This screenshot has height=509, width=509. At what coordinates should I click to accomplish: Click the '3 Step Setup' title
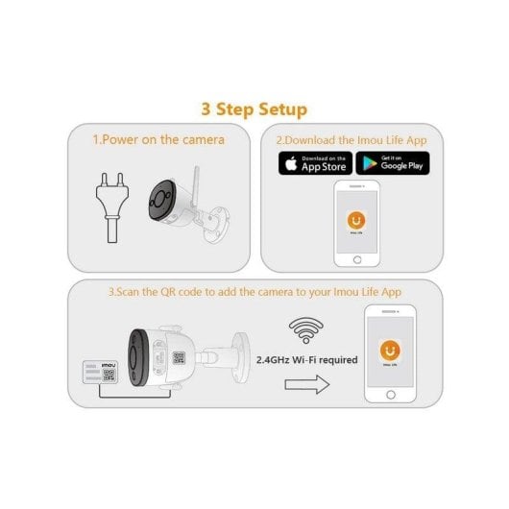point(254,109)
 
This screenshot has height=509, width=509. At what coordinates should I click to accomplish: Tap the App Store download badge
point(315,162)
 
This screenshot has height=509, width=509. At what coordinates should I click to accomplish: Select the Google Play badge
point(392,162)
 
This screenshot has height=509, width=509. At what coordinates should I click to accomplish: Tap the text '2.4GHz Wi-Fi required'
point(307,360)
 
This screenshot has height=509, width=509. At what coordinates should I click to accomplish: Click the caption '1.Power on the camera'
point(158,139)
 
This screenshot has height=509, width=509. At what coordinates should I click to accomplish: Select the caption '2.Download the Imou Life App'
point(351,139)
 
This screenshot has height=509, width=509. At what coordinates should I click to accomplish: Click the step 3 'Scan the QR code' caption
point(254,292)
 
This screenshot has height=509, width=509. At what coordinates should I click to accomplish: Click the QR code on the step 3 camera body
point(179,358)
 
